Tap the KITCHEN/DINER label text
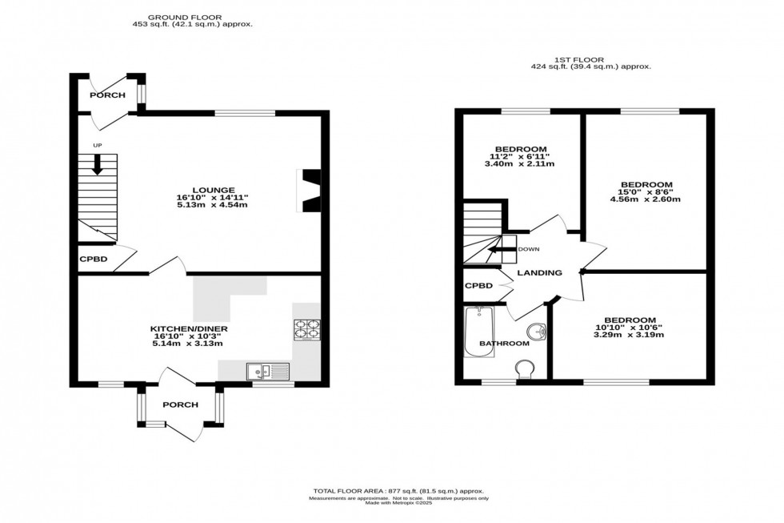190,328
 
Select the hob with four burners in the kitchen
306,328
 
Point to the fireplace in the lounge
310,191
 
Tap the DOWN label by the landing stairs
528,249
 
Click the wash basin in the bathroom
536,331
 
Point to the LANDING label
539,273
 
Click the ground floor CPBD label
93,259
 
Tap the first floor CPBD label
478,285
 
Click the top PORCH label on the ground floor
107,95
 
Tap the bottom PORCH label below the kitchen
180,404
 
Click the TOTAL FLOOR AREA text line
398,490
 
